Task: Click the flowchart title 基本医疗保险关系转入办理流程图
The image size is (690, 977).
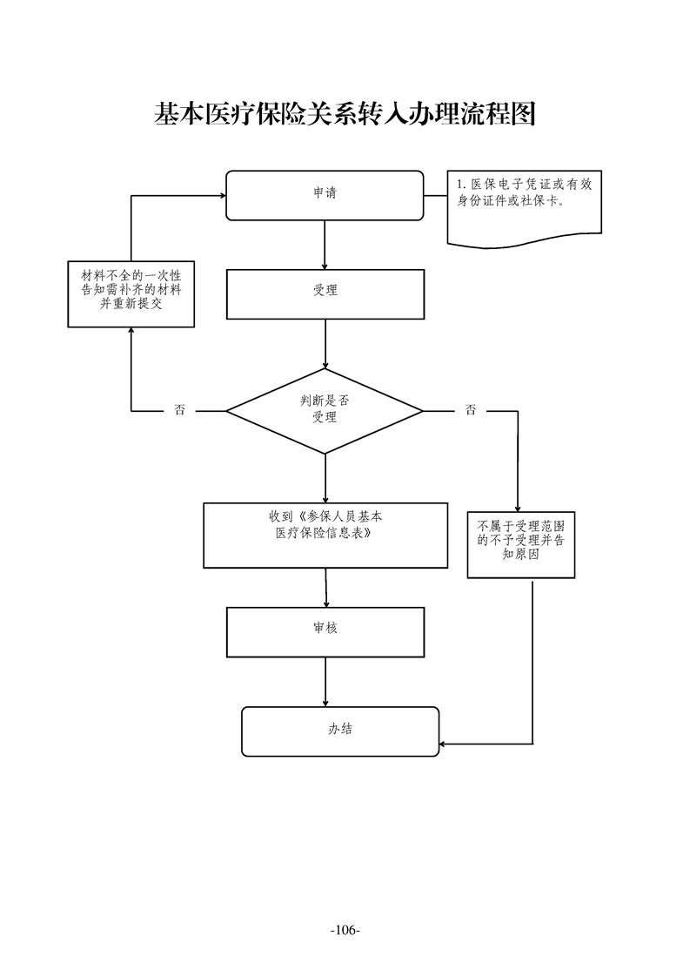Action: tap(345, 113)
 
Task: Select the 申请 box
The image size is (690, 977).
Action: tap(325, 195)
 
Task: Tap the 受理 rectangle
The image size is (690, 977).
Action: tap(325, 293)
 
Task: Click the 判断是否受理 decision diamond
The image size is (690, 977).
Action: tap(325, 409)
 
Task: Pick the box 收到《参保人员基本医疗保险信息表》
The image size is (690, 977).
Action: tap(326, 535)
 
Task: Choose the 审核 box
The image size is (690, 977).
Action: tap(325, 631)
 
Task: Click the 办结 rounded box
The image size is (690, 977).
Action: tap(340, 731)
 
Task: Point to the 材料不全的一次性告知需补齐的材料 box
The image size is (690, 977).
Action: tap(131, 293)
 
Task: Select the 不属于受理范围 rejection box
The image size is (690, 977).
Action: tap(521, 543)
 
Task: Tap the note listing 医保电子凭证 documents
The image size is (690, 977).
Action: tap(524, 203)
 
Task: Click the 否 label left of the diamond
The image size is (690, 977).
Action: tap(179, 409)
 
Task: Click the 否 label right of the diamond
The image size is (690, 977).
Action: tap(470, 409)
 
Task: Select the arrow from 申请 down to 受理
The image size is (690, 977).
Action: tap(325, 245)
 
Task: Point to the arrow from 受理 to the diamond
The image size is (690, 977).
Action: tap(325, 343)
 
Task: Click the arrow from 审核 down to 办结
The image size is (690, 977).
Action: tap(325, 681)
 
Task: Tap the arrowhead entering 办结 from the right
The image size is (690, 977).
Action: tap(444, 744)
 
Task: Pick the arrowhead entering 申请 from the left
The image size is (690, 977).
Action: tap(221, 196)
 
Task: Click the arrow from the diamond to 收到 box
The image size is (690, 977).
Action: tap(325, 477)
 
